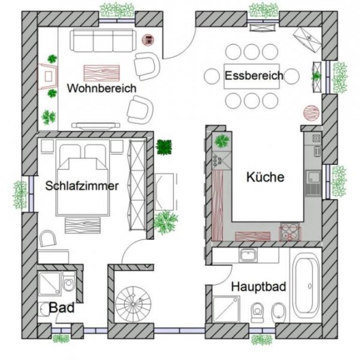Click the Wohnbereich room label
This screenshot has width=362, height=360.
pyautogui.click(x=101, y=88)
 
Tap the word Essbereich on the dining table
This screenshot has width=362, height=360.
pyautogui.click(x=254, y=76)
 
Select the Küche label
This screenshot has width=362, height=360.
pyautogui.click(x=264, y=177)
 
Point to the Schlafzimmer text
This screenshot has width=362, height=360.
pyautogui.click(x=82, y=186)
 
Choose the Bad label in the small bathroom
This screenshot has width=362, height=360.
pyautogui.click(x=62, y=308)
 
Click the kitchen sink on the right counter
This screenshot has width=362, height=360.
pyautogui.click(x=312, y=178)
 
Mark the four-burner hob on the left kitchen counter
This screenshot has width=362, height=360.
pyautogui.click(x=217, y=159)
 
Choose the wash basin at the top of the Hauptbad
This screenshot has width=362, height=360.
pyautogui.click(x=247, y=256)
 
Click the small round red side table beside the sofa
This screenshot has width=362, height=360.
pyautogui.click(x=146, y=40)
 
